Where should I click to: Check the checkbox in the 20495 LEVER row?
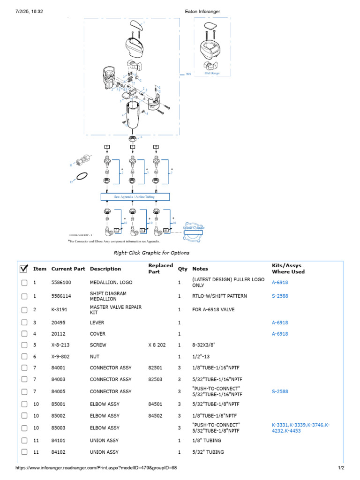(x=24, y=323)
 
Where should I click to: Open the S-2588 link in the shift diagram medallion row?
(x=280, y=296)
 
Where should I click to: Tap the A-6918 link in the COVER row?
(x=280, y=334)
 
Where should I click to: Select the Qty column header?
(x=182, y=269)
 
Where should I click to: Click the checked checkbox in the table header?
(x=24, y=269)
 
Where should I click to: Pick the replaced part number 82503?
(x=157, y=379)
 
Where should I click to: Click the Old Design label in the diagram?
(x=212, y=73)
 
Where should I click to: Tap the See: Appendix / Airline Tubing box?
(x=135, y=197)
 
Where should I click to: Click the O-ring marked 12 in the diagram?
(x=82, y=176)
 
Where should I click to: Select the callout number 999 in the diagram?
(x=188, y=74)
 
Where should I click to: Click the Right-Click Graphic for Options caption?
(x=152, y=253)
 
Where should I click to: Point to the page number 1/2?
(x=341, y=468)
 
